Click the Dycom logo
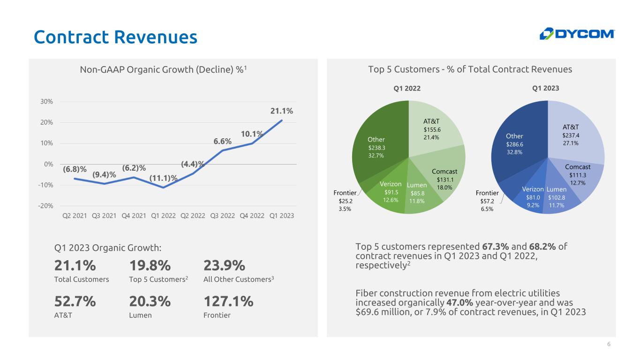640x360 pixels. (577, 34)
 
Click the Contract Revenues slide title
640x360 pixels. (115, 37)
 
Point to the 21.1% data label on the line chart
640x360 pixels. (282, 111)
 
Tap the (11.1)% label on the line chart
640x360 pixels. (164, 178)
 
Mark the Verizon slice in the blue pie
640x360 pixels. (533, 195)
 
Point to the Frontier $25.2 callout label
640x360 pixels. (345, 201)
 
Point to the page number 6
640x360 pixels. (609, 345)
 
